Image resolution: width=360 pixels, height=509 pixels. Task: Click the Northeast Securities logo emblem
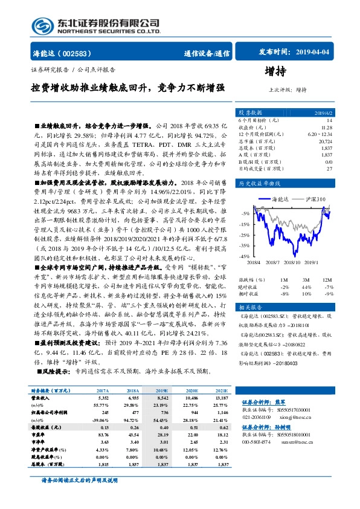click(43, 26)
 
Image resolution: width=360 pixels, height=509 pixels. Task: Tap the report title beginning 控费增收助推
click(127, 88)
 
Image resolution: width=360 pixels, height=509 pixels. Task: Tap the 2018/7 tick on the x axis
click(274, 262)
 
